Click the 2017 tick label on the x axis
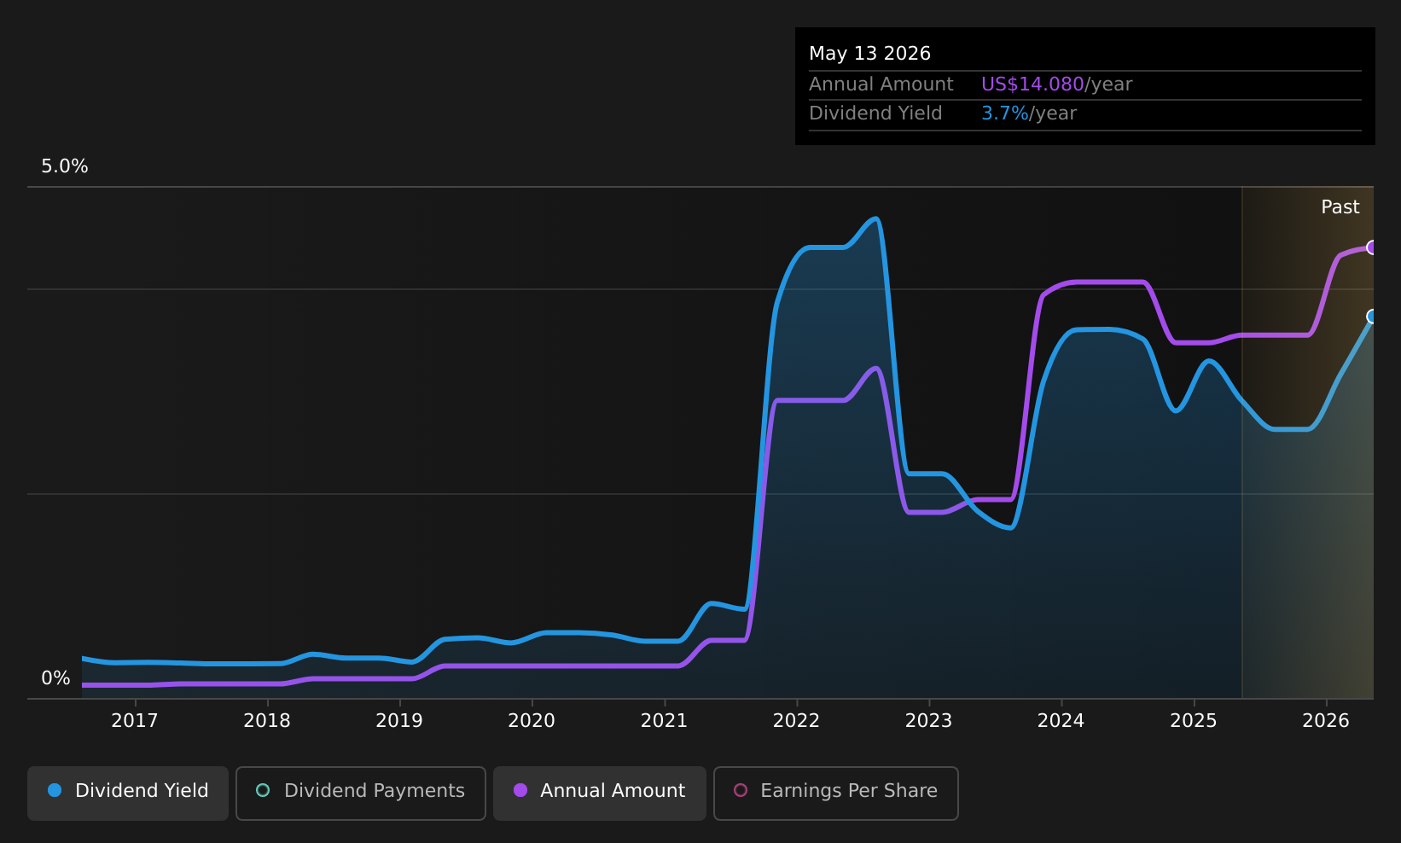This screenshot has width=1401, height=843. click(x=135, y=721)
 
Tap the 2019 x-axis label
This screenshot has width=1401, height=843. click(x=399, y=721)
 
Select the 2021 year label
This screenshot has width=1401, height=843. click(x=664, y=721)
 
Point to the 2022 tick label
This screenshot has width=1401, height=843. click(x=796, y=721)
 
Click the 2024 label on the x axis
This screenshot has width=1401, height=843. click(x=1061, y=721)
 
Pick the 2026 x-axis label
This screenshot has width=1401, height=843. click(x=1326, y=721)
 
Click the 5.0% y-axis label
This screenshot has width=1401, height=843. click(x=65, y=166)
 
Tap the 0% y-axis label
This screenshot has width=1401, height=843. click(x=55, y=678)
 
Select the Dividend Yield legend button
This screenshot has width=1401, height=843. click(x=128, y=793)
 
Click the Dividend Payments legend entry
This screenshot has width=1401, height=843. click(x=361, y=793)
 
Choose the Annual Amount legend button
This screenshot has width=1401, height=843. click(x=599, y=793)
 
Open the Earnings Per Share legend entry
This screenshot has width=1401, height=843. click(x=835, y=793)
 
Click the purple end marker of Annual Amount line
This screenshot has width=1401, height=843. click(x=1372, y=247)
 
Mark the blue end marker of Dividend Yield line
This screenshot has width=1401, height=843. click(x=1372, y=317)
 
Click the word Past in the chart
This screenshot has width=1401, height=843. click(x=1340, y=207)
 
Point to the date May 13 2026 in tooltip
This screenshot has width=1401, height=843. click(x=869, y=54)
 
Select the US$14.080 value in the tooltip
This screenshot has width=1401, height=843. click(x=1032, y=84)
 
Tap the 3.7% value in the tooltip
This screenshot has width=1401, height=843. click(x=1004, y=113)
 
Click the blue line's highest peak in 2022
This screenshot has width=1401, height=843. click(x=876, y=218)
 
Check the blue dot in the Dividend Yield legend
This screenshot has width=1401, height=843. click(x=55, y=790)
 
